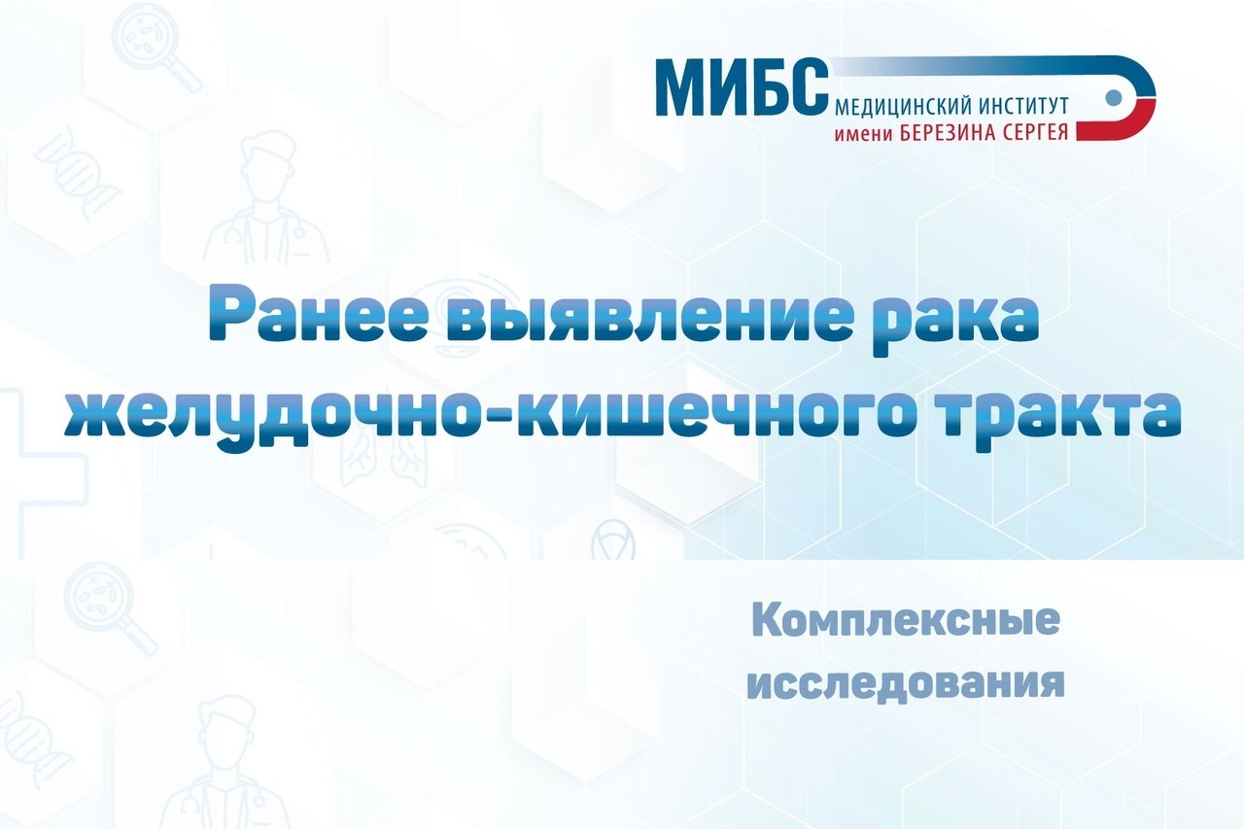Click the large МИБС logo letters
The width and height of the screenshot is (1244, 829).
[742, 86]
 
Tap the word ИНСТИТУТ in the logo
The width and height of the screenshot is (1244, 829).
[1023, 105]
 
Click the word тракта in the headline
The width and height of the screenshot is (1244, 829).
[1059, 415]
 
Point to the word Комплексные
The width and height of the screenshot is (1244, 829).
[906, 621]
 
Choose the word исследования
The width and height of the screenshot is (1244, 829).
[906, 683]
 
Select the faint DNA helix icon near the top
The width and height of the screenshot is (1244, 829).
[78, 173]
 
